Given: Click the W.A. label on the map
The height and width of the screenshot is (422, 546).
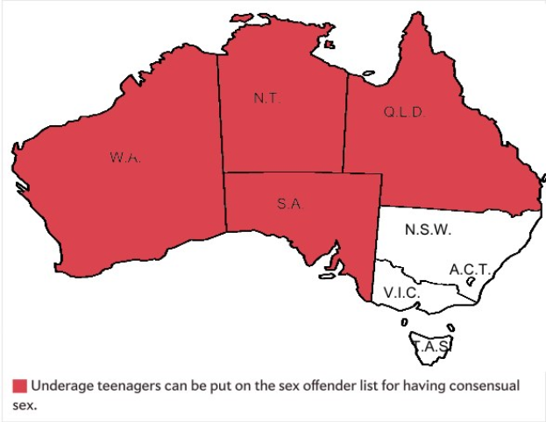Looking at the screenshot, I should pyautogui.click(x=125, y=158).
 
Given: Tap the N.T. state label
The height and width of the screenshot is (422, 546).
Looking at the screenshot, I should pyautogui.click(x=266, y=99).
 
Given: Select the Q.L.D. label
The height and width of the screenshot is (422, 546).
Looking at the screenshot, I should pyautogui.click(x=404, y=112).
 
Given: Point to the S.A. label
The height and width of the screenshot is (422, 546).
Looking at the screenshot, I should pyautogui.click(x=290, y=204).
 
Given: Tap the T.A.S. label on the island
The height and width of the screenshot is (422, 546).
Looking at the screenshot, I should pyautogui.click(x=432, y=347).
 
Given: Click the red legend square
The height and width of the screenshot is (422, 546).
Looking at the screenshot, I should pyautogui.click(x=19, y=386).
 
